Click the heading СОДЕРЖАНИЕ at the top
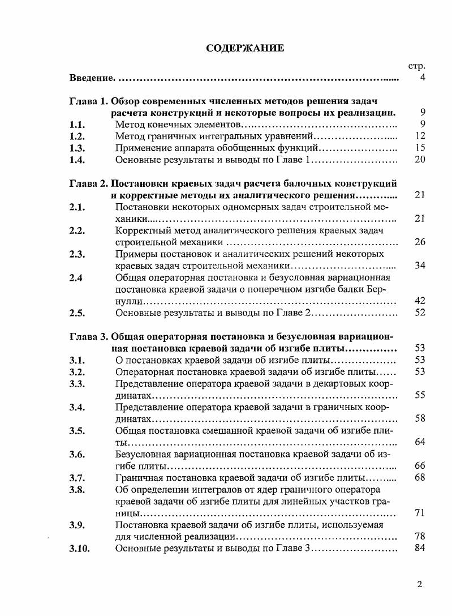coord(245,48)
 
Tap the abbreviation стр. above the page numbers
coord(416,67)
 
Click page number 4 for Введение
coord(422,77)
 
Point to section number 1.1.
coord(77,124)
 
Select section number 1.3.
coord(77,148)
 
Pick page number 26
coord(420,242)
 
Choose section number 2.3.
coord(77,254)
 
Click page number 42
coord(420,301)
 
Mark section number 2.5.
coord(77,313)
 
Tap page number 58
coord(420,418)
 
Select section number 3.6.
coord(77,455)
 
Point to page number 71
coord(420,513)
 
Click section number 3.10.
coord(79,549)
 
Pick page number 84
coord(420,547)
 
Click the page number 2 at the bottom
coord(420,585)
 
